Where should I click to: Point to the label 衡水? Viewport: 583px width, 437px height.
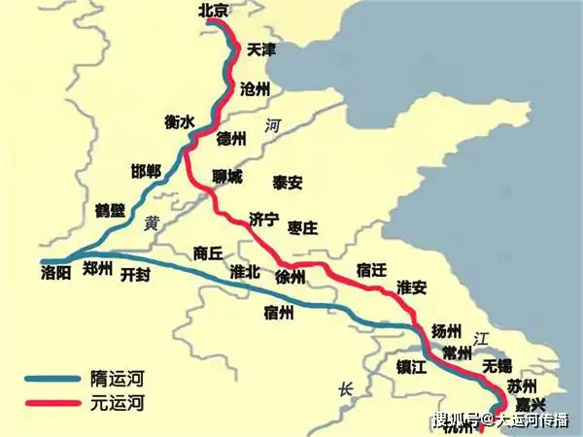180,122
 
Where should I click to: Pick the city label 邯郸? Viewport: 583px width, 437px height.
146,172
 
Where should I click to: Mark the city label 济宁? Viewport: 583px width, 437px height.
264,218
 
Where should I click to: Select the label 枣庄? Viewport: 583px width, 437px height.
303,227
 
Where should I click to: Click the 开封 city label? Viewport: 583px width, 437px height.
136,275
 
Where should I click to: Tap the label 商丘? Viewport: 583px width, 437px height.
209,252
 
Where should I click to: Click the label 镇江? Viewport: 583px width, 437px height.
412,366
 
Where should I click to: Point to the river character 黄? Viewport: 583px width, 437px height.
151,222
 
